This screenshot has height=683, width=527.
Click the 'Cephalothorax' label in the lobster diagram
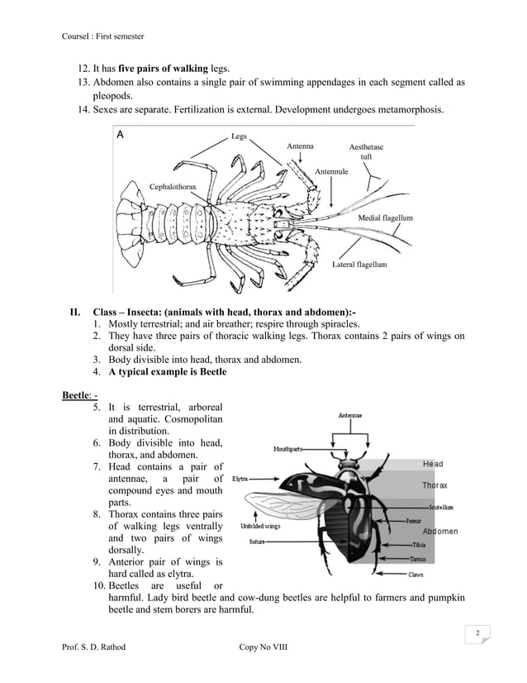[x=173, y=187]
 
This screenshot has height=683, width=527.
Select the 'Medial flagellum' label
[x=385, y=217]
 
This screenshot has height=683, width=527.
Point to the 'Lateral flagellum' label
[x=358, y=265]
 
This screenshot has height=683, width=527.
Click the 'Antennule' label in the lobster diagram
[x=331, y=171]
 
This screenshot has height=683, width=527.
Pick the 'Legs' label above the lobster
[x=239, y=136]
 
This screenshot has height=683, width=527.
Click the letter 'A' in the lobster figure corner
[x=121, y=135]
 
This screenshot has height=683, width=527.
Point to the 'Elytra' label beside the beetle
[x=241, y=479]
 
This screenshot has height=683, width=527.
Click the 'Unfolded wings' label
[x=260, y=526]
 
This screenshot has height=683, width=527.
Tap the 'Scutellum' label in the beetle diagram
[x=444, y=505]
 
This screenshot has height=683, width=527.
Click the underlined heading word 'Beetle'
[x=77, y=394]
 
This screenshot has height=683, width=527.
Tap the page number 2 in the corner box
[x=477, y=633]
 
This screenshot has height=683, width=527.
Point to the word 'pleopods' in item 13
[x=114, y=96]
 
